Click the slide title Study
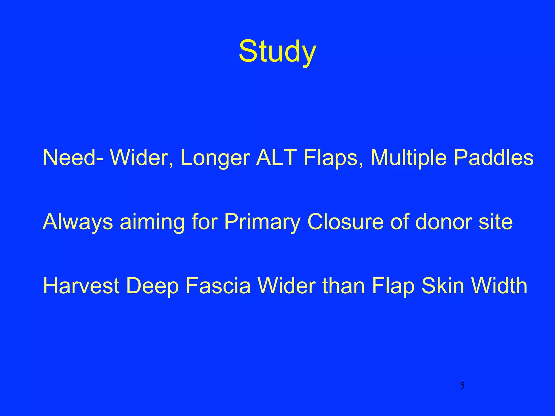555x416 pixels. (277, 51)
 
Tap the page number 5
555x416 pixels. (462, 385)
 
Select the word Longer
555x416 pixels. (215, 158)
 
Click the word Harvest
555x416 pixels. (81, 286)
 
